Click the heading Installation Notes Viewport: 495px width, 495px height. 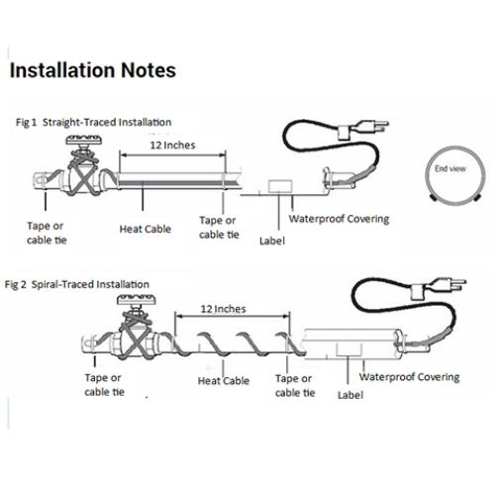coord(93,70)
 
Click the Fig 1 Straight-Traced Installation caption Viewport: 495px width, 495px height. coord(94,123)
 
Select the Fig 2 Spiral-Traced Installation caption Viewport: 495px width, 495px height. coord(77,284)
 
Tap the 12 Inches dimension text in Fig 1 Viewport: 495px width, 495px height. coord(172,146)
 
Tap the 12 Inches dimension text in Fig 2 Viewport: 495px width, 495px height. coord(224,309)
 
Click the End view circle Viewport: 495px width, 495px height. coord(426,175)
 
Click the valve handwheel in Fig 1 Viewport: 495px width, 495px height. coord(84,141)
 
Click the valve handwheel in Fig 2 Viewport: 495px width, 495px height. coord(137,299)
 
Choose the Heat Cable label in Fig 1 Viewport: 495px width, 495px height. coord(146,229)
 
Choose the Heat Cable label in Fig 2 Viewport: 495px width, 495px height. coord(224,381)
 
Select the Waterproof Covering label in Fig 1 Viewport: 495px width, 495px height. coord(340,219)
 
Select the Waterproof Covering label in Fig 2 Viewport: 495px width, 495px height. coord(410,377)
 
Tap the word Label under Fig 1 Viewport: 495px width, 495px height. coord(272,241)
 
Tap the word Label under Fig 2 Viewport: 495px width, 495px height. coord(350,395)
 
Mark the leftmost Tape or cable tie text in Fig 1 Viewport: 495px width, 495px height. coord(47,233)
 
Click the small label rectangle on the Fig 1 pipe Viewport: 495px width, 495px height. coord(280,186)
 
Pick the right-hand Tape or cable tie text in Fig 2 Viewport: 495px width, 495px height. coord(295,385)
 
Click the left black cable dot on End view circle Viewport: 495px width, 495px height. coord(433,198)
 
